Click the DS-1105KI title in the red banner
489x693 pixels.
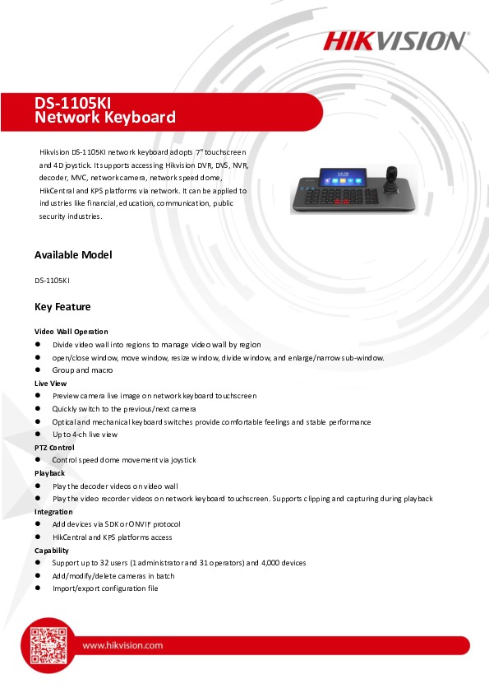[73, 103]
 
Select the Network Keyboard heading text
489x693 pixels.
[105, 118]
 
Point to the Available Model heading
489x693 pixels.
[73, 255]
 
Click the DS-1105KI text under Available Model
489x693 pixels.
[51, 281]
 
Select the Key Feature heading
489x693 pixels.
[62, 307]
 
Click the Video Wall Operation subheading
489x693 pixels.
[71, 332]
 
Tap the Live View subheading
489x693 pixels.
[50, 384]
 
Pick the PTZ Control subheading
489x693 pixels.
[54, 448]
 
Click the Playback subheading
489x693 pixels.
[49, 473]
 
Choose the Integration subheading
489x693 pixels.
[53, 512]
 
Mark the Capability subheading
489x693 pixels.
[52, 551]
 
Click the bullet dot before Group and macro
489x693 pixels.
[38, 370]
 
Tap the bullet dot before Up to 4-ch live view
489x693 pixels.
[38, 435]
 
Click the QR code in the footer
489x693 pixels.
[48, 644]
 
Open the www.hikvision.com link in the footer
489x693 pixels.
[122, 645]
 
